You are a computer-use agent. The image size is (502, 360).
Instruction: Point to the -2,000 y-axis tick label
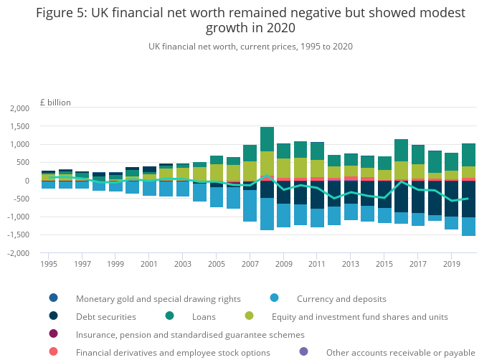18,253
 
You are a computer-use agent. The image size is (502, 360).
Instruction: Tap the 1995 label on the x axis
49,264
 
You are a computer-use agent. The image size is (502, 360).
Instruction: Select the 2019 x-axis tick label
452,264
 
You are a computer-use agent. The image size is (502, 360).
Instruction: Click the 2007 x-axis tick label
250,264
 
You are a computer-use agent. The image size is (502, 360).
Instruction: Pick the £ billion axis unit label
55,102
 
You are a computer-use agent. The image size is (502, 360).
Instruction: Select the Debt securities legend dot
54,316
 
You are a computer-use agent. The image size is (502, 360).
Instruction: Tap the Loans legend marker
169,316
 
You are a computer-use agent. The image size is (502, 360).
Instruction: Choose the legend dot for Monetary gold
54,298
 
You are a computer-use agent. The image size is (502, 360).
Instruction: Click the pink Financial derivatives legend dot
54,352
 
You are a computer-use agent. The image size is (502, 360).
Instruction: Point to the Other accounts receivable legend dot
304,352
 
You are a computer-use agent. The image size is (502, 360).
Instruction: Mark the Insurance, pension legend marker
54,334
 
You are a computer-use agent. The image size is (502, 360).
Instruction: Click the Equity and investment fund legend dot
250,316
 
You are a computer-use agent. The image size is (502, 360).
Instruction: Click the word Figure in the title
56,13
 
